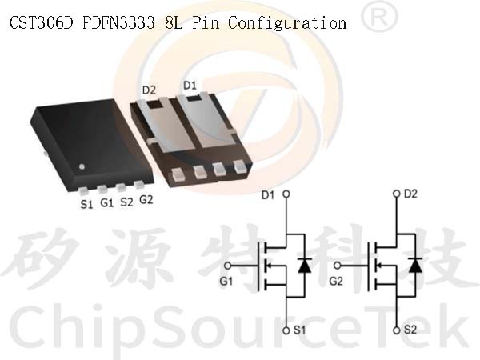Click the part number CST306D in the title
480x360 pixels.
(41, 22)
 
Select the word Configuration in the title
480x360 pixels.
(287, 23)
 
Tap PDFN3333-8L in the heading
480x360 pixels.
(132, 22)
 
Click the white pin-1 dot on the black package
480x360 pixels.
(82, 167)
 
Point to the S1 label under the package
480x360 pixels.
(86, 204)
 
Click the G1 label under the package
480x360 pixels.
(107, 202)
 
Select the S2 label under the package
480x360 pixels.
(126, 202)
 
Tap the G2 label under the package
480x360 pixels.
(146, 200)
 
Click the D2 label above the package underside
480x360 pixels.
(149, 90)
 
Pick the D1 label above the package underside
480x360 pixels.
(190, 86)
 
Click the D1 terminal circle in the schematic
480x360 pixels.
(286, 194)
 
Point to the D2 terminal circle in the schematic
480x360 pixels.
(397, 194)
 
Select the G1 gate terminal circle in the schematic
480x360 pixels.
(227, 266)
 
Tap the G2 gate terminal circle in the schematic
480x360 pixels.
(338, 266)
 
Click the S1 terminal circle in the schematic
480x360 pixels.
(286, 330)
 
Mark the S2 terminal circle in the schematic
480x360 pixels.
(397, 330)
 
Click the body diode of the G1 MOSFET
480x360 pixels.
(305, 265)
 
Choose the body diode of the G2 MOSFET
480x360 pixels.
(415, 265)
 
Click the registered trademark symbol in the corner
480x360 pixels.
(379, 18)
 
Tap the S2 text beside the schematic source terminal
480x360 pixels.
(410, 330)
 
